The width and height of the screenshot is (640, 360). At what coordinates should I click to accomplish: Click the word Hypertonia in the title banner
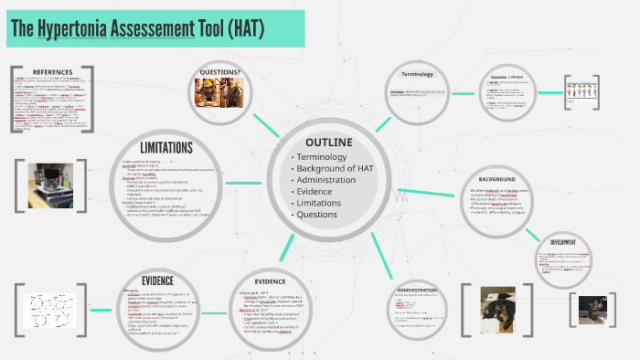90,29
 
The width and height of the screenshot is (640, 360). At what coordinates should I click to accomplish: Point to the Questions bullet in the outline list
319,215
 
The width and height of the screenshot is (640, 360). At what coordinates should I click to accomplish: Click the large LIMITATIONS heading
165,147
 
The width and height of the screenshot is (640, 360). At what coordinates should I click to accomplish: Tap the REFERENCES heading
52,72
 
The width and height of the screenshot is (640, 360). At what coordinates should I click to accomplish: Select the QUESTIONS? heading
219,72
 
